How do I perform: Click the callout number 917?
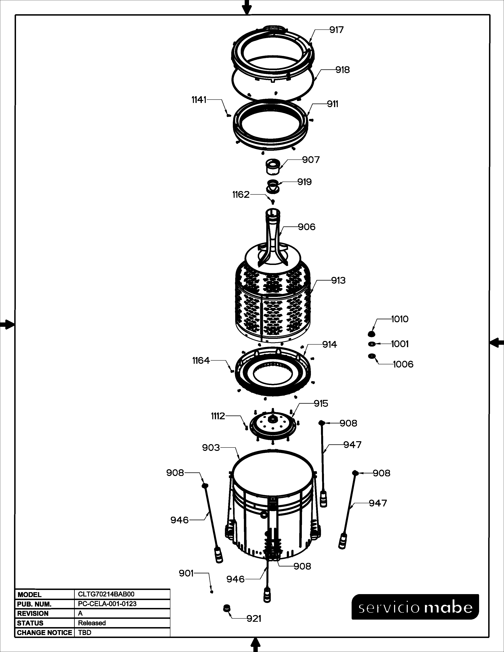[x=337, y=30]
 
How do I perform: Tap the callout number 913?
[x=338, y=280]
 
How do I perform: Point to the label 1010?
[x=400, y=319]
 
